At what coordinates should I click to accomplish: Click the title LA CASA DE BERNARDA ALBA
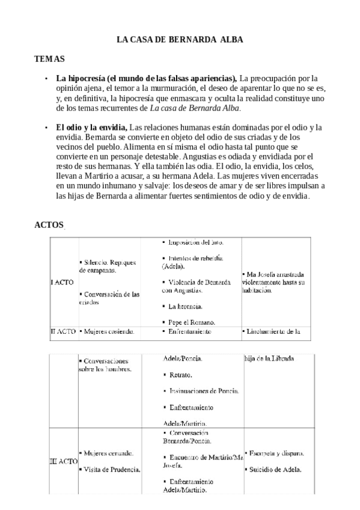tap(179, 40)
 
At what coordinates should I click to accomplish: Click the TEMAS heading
tap(49, 59)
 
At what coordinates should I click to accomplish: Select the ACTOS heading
tap(49, 224)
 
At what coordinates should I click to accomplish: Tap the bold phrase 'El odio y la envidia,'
tap(92, 127)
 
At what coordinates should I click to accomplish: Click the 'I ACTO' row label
tap(63, 281)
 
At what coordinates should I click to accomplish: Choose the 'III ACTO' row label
tap(63, 461)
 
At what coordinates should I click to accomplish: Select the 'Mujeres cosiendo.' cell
tap(110, 331)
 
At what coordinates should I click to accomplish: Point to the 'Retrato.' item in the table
tap(180, 375)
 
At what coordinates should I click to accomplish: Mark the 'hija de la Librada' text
tap(269, 359)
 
